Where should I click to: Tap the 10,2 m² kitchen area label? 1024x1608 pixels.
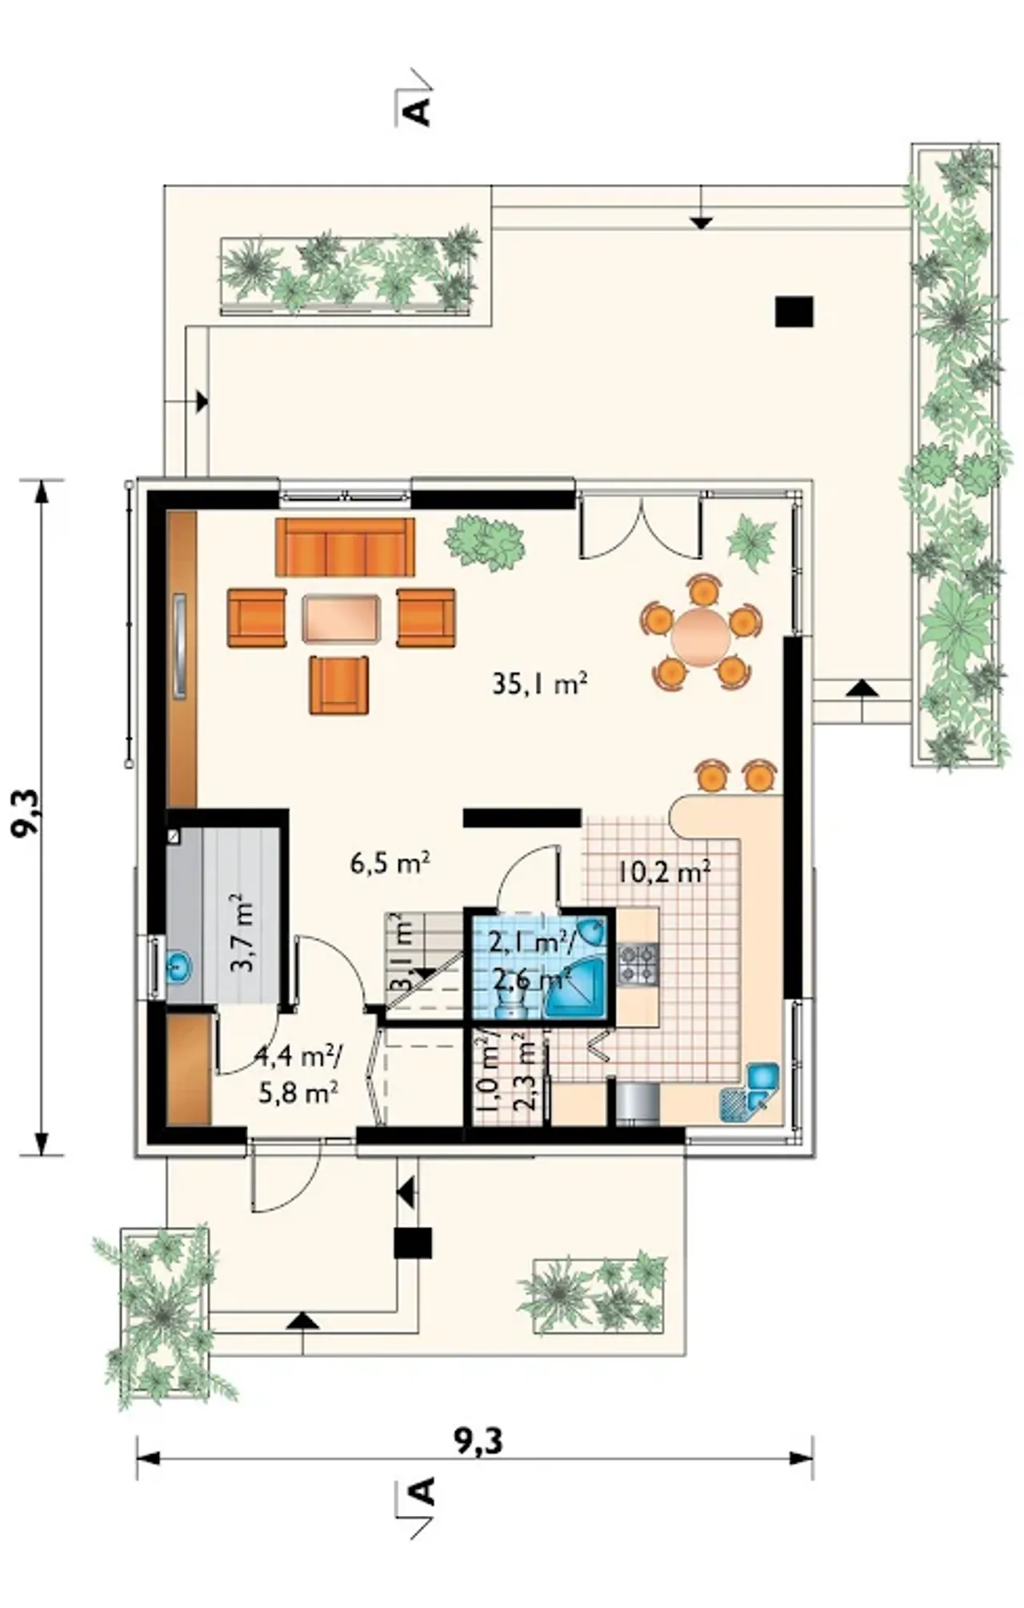663,870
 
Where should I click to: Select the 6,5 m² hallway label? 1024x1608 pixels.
390,862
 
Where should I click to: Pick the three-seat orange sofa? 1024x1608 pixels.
345,546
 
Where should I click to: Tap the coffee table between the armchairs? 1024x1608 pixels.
341,618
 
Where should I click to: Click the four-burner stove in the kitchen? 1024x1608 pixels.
638,964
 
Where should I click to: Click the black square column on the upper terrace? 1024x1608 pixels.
794,312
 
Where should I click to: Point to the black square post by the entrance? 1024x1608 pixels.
413,1243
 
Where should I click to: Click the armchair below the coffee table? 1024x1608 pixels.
340,685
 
